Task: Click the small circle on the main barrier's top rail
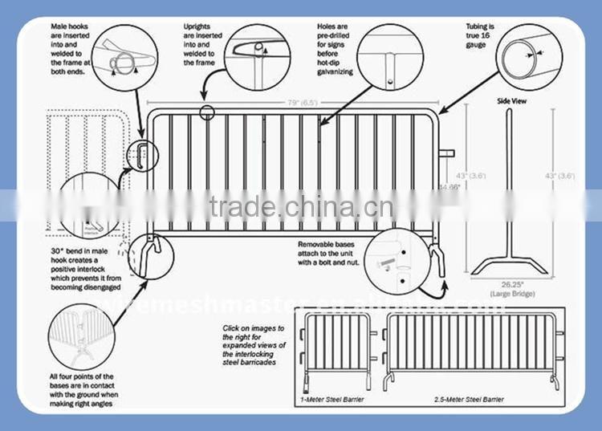208,113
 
